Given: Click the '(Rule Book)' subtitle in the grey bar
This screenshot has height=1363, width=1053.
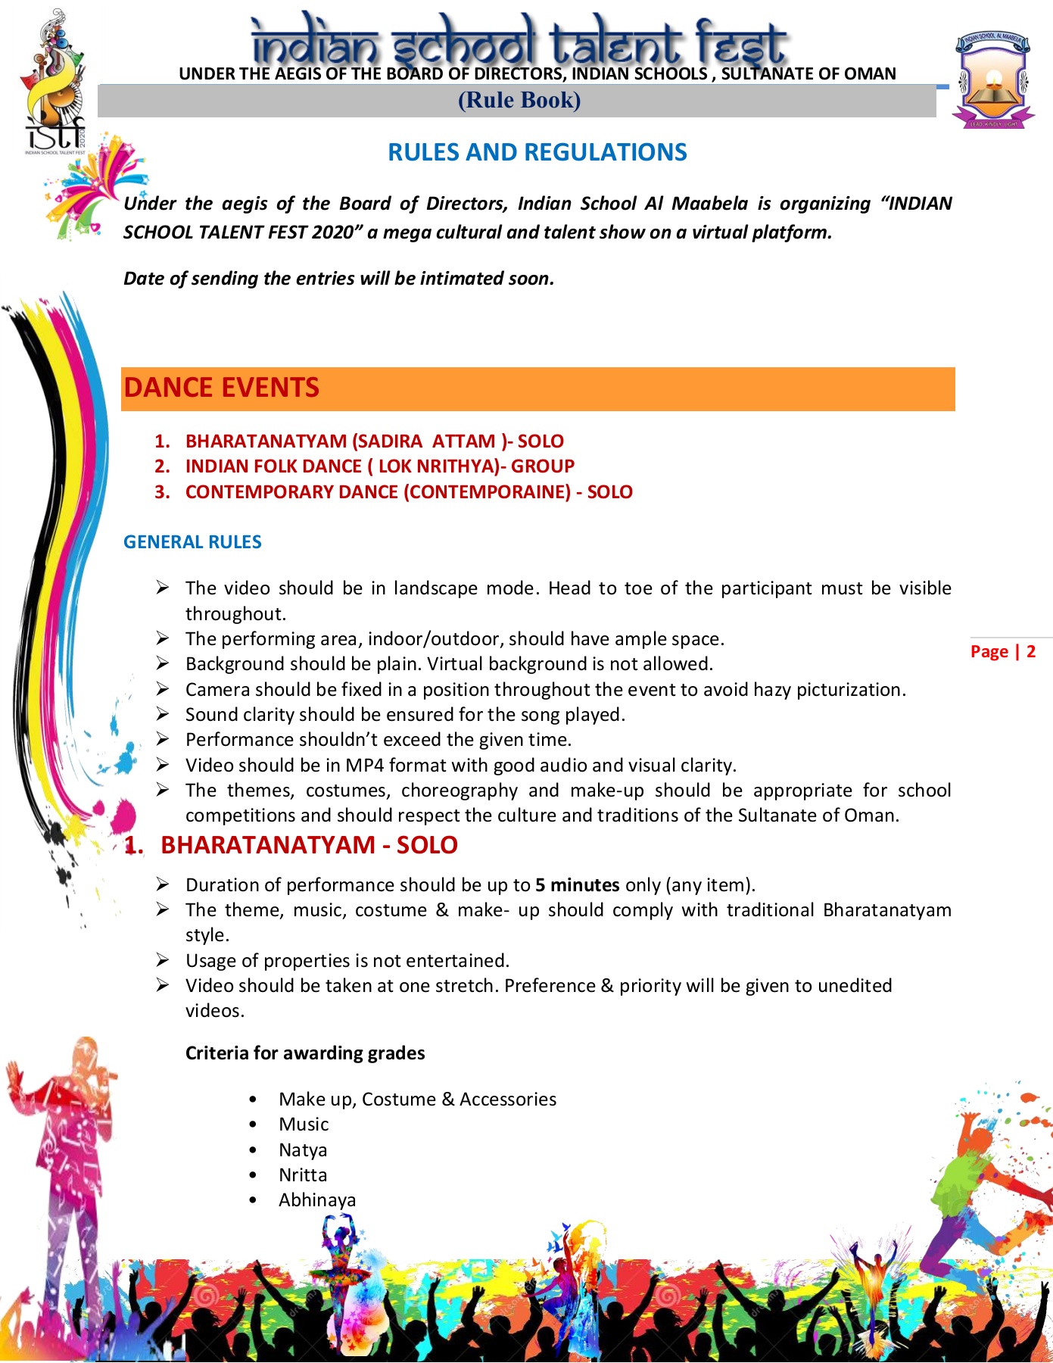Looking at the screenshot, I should pos(519,101).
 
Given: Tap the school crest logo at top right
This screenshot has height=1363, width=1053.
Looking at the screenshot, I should pos(992,80).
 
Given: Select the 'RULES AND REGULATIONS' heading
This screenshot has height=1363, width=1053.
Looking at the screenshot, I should pos(537,152).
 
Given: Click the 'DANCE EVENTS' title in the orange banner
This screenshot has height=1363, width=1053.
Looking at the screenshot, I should pos(221,388).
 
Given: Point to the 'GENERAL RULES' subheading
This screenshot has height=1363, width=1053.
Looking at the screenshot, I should pos(192,542).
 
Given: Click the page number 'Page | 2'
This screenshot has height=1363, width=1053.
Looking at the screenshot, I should pos(1002,651).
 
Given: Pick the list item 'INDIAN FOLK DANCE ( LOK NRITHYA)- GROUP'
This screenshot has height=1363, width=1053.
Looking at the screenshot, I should pos(379,466).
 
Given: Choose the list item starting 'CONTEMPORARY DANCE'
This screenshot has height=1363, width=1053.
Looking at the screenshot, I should pos(409,492).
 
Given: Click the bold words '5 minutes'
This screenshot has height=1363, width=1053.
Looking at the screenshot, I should pos(577,885).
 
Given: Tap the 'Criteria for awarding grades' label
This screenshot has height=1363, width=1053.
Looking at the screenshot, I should pos(305,1053).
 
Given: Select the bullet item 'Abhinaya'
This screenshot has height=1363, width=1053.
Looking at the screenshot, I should pos(317,1200).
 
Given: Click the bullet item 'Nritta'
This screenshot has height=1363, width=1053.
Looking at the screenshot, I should pos(303,1175).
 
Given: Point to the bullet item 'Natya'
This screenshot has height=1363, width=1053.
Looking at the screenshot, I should pos(303,1150).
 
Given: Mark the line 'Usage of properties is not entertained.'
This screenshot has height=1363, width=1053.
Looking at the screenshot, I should pos(347,961).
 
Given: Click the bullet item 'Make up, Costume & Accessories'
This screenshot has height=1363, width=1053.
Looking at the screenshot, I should pos(417,1099).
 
